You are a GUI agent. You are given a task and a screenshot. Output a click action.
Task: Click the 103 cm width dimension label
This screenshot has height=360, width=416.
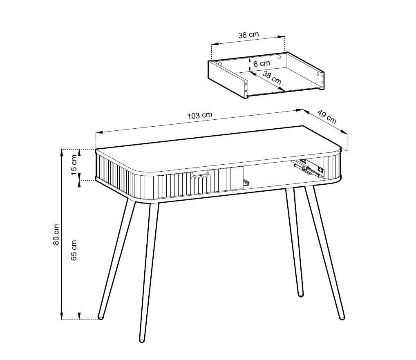pos(200,115)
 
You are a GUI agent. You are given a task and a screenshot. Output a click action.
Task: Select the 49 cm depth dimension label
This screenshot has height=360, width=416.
pos(327,117)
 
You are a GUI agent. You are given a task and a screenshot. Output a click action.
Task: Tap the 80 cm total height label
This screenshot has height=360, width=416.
pos(56,235)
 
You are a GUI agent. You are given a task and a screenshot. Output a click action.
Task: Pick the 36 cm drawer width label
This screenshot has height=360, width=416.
pos(248,35)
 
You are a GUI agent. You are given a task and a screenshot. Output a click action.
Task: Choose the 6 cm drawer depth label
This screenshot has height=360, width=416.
pos(262,64)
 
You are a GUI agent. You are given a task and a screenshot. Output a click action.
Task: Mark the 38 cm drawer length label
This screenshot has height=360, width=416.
pos(272,78)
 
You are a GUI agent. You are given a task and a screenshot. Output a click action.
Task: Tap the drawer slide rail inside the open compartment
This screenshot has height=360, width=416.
pos(309,169)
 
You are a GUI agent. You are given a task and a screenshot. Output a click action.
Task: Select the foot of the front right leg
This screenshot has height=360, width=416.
pos(342,317)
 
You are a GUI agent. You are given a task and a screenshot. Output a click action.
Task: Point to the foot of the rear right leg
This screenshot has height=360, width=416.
pos(301,295)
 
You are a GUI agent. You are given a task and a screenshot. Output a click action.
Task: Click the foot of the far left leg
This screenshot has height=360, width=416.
pos(101,317)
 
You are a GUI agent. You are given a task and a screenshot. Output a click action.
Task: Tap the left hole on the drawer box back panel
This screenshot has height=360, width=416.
pos(220,64)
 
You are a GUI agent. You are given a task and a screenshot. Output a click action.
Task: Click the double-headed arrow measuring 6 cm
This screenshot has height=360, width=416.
pos(250,65)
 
